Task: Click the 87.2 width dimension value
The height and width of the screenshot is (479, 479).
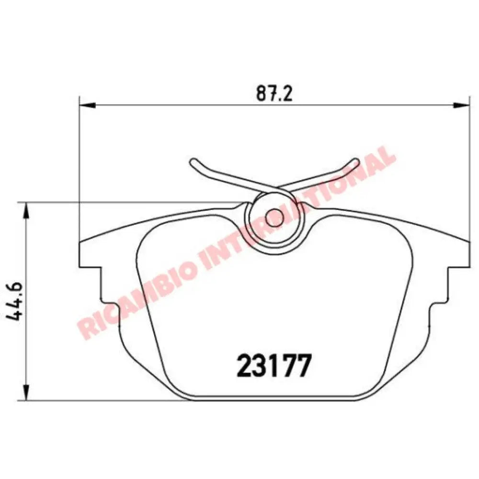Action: point(274,94)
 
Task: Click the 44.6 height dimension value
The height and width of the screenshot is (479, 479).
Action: point(18,301)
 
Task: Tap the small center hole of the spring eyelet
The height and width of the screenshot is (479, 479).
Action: point(274,217)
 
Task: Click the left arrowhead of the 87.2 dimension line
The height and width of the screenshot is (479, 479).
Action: point(84,105)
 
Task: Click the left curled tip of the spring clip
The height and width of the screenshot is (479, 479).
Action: point(193,163)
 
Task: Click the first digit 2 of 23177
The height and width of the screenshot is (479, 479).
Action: point(245,366)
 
